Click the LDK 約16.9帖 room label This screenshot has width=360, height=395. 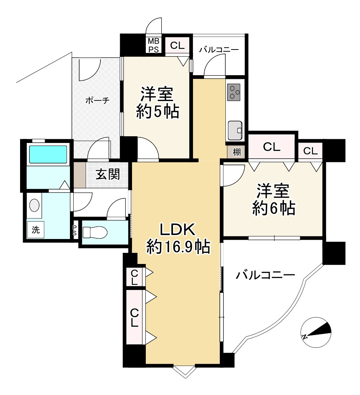click(178, 238)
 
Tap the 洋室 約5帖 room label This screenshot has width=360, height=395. click(157, 103)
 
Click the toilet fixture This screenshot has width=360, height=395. click(95, 233)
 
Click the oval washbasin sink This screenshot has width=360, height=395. click(34, 205)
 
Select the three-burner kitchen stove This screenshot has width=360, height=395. click(234, 92)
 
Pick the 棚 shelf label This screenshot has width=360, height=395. click(237, 152)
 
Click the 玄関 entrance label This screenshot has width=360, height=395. click(108, 174)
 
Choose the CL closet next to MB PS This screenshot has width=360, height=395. click(177, 45)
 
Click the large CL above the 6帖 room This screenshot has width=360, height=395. click(271, 147)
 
